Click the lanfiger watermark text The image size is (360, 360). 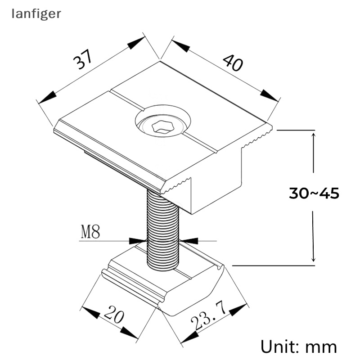tap(36, 13)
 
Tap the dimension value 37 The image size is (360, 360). tap(84, 59)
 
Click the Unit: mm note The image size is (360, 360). tap(299, 346)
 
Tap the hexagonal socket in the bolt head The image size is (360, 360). tap(162, 127)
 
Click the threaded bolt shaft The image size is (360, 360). tap(162, 229)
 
